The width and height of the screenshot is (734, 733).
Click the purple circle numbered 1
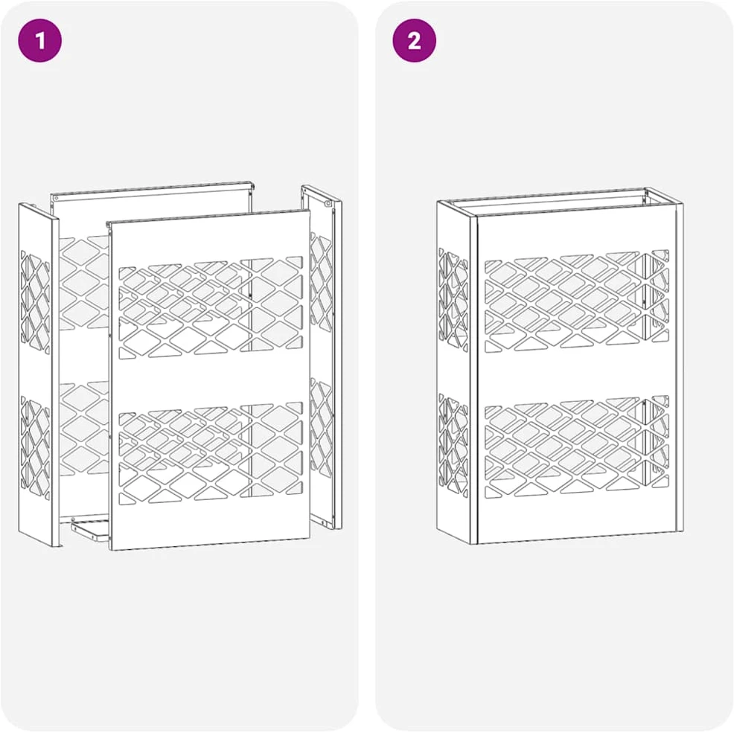tap(39, 40)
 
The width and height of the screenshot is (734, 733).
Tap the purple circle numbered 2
tap(415, 40)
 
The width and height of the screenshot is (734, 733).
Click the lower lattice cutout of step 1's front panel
tap(211, 452)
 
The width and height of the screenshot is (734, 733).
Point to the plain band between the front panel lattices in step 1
tap(210, 380)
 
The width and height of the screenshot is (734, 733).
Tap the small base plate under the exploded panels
tap(90, 530)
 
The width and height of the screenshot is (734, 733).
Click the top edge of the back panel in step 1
tap(153, 189)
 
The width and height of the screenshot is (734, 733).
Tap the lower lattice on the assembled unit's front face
tap(577, 448)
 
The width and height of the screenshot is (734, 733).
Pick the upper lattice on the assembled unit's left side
tap(453, 300)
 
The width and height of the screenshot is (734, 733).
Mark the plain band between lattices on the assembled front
tap(577, 375)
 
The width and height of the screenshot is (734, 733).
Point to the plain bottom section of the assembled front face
tap(577, 519)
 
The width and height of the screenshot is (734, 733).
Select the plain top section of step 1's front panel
tap(210, 239)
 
